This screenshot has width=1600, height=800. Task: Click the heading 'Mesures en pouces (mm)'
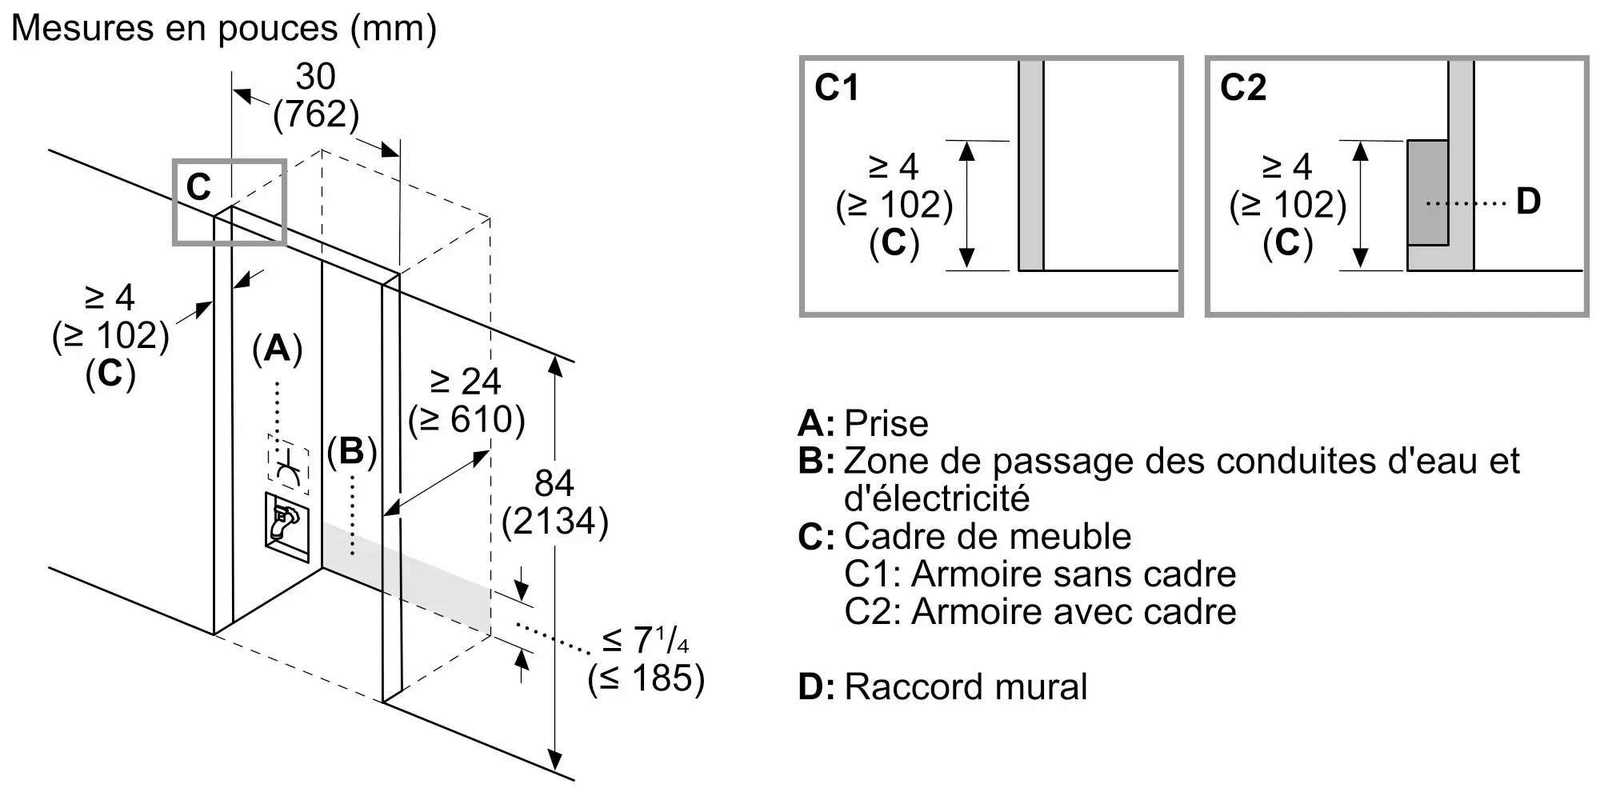click(x=224, y=29)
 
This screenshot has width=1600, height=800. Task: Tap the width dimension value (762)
click(x=316, y=114)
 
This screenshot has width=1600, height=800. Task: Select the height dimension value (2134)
click(x=555, y=522)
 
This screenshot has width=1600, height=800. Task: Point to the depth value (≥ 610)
click(x=466, y=419)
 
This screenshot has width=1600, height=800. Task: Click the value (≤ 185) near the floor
click(x=646, y=678)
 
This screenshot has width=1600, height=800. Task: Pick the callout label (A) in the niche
click(x=277, y=349)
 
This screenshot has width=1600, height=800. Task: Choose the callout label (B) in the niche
click(x=352, y=451)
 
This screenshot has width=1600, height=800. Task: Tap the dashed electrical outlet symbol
click(x=289, y=465)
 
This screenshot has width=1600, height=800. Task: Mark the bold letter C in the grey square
click(x=198, y=187)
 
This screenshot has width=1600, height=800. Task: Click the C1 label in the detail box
click(x=836, y=88)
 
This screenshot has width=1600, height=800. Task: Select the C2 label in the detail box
click(x=1242, y=88)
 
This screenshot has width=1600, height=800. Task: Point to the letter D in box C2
click(x=1528, y=202)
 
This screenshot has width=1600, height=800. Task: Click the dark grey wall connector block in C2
click(x=1428, y=192)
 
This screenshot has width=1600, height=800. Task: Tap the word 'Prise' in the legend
click(x=886, y=424)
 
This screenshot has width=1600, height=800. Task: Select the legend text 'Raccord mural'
click(x=966, y=687)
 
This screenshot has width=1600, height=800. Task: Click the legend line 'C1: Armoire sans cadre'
click(x=1040, y=574)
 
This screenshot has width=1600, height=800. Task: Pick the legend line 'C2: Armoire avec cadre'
click(x=1040, y=612)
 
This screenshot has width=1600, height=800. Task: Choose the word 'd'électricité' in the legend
click(x=937, y=499)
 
